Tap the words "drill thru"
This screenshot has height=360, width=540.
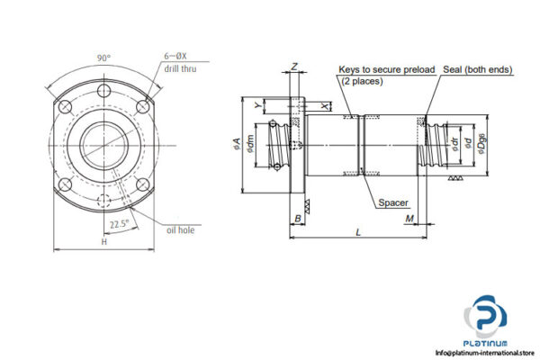pos(178,68)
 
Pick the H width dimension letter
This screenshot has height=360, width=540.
pos(104,242)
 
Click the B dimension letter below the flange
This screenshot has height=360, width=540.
pos(297,219)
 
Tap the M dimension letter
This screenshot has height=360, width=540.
pos(409,219)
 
